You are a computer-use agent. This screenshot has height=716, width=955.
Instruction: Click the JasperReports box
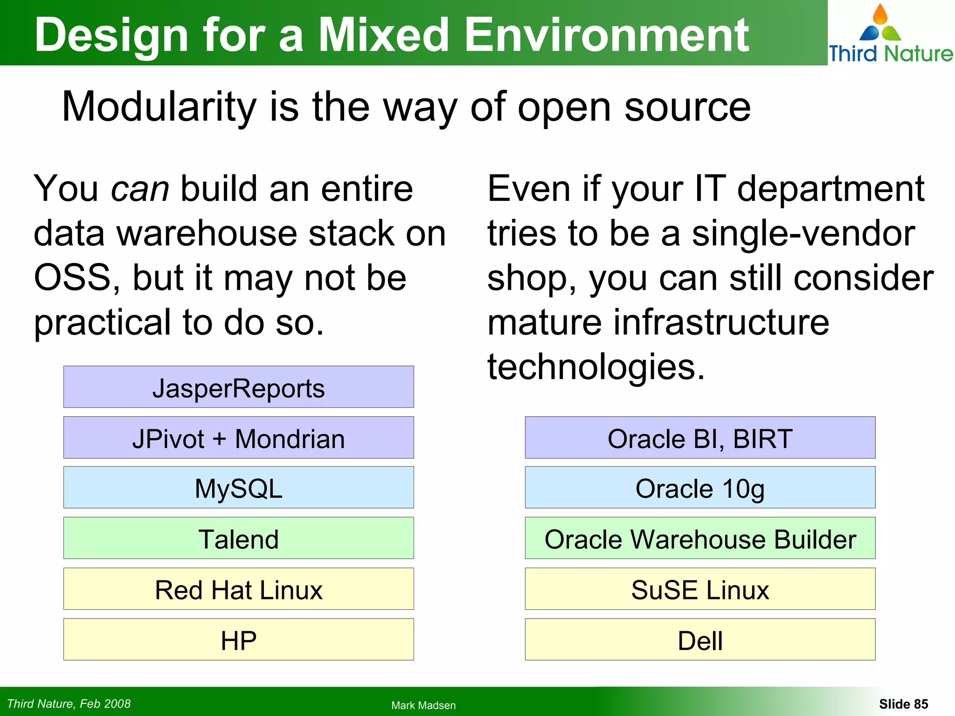click(238, 387)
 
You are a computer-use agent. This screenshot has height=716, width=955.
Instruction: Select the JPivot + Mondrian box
click(238, 438)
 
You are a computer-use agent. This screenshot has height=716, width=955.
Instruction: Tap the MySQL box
click(238, 488)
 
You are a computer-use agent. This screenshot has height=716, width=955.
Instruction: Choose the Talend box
click(238, 538)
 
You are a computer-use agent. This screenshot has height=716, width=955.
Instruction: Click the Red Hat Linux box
click(238, 589)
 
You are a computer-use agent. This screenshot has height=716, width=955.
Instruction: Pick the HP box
click(238, 640)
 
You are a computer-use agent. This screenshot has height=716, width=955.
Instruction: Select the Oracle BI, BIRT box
click(700, 438)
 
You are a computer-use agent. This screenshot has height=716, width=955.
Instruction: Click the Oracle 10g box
click(700, 488)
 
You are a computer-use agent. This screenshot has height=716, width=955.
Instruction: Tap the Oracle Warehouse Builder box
click(700, 538)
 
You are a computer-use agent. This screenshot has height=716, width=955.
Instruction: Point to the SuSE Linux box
click(700, 589)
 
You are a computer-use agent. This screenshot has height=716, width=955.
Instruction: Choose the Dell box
click(700, 640)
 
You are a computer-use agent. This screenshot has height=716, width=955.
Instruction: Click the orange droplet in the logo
click(880, 15)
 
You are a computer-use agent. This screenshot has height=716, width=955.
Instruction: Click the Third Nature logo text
click(890, 54)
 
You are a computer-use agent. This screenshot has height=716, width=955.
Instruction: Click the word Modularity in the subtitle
click(159, 107)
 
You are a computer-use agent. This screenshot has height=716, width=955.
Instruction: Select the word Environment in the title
click(607, 35)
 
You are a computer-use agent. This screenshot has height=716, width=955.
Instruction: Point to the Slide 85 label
click(903, 704)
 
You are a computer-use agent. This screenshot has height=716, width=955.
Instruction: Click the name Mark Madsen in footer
click(423, 705)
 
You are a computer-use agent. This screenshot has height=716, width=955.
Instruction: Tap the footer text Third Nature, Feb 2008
click(69, 704)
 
